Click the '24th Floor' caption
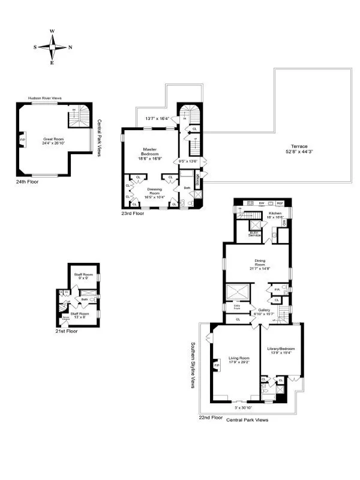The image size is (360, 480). [28, 181]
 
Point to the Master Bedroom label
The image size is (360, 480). [150, 151]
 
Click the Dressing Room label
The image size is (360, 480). [154, 192]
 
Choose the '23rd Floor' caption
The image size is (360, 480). [133, 213]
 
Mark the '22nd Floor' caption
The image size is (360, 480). [211, 416]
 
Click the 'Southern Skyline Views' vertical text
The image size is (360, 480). [193, 365]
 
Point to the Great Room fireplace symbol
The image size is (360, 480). [23, 142]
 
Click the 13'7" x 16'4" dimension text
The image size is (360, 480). [157, 118]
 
